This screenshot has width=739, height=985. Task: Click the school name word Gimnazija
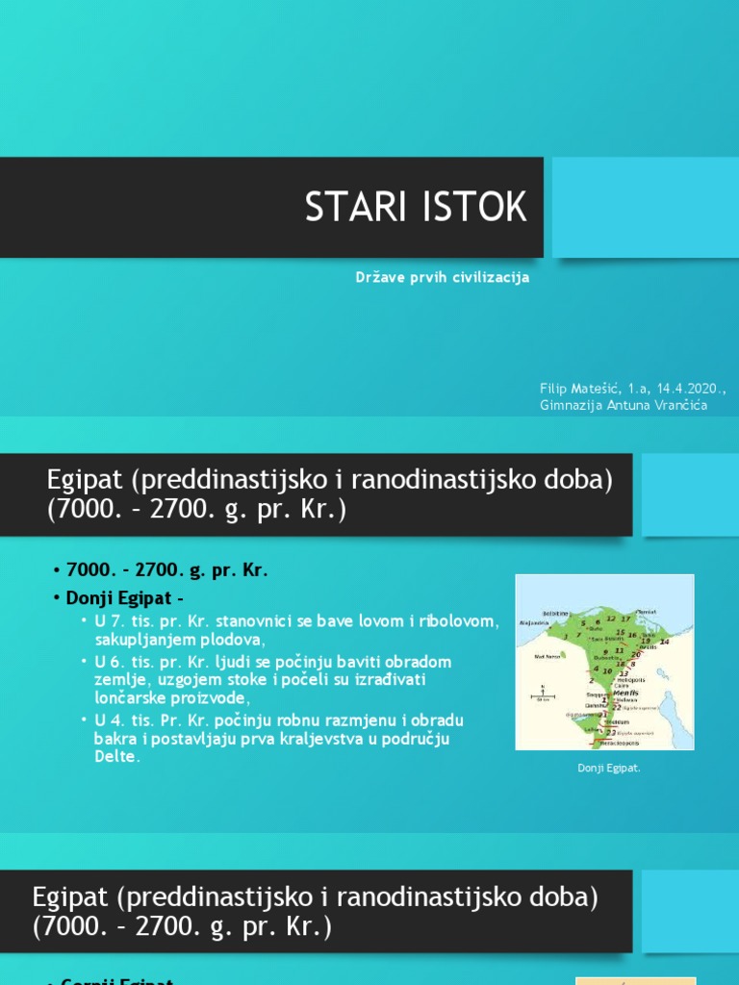(573, 405)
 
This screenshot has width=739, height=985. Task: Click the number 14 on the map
(664, 643)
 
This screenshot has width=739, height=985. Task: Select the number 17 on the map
(626, 618)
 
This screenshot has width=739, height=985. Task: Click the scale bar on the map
(544, 697)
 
